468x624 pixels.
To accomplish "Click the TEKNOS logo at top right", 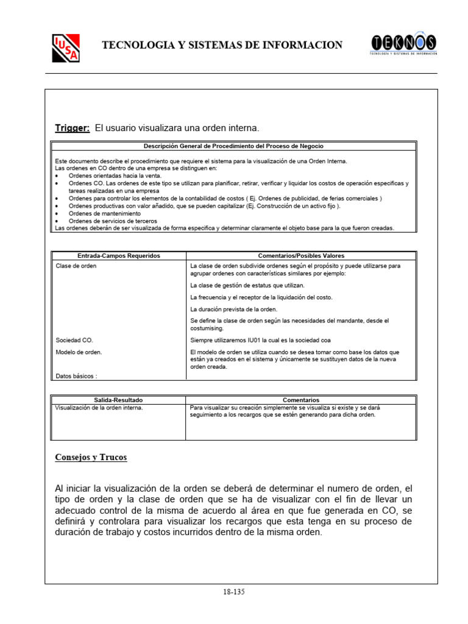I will pos(403,44).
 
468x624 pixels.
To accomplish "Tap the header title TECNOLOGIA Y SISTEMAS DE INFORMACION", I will pos(222,45).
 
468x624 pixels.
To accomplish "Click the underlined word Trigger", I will pos(73,128).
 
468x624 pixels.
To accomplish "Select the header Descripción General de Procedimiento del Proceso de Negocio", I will pos(233,146).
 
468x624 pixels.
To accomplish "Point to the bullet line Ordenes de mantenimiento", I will pos(104,213).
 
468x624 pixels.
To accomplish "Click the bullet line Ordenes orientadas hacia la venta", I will pos(115,175).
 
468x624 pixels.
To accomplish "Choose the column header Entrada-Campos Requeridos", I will pos(119,256).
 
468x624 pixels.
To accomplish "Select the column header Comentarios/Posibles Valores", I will pos(301,256).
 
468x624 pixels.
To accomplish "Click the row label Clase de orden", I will pos(76,266).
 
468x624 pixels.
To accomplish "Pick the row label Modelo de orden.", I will pos(79,352).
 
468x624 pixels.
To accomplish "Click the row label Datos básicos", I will pos(76,376).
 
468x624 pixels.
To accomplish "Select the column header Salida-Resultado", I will pos(118,400).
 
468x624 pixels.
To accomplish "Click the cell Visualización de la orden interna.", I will pos(99,408).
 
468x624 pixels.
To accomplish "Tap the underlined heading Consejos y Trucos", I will pos(91,457).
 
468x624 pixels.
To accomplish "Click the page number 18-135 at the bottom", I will pos(235,591).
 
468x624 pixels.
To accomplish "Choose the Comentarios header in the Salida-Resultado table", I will pos(301,400).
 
